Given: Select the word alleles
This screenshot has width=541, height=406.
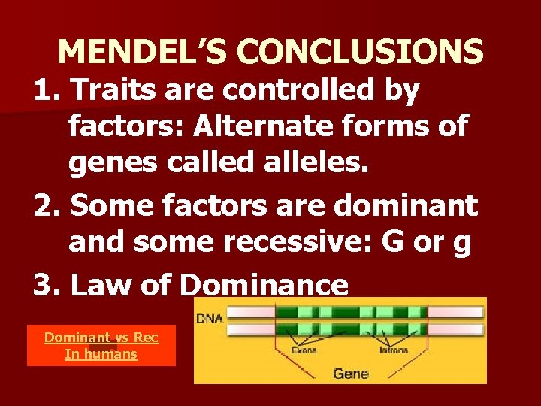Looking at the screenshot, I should [313, 165].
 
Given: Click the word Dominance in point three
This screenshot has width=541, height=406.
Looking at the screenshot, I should [264, 285].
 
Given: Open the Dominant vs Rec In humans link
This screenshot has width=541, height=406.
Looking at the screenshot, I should [101, 345].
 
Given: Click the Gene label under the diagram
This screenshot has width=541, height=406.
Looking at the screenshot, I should [351, 372].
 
